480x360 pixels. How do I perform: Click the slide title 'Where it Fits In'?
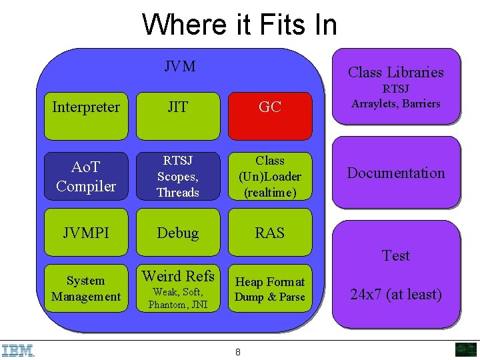239,25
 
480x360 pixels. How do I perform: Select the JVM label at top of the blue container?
180,66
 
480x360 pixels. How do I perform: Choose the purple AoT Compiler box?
86,177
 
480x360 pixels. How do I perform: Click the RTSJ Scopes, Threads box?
177,177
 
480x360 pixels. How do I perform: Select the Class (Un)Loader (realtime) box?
269,177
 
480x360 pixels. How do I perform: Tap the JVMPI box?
86,233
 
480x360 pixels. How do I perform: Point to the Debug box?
177,233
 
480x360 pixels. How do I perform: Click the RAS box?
269,233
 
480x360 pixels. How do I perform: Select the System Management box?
86,289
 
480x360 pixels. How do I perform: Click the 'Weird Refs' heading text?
178,276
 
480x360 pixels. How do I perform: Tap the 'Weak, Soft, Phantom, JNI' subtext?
178,298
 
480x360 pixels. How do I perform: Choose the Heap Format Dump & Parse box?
269,289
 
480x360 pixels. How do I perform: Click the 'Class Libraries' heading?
395,72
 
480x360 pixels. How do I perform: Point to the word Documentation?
395,173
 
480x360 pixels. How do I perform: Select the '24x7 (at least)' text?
395,294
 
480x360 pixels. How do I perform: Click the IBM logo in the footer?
18,350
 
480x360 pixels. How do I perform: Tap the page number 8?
238,352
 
